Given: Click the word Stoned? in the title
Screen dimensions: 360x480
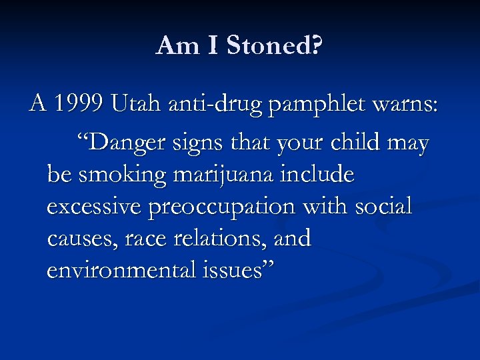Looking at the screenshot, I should click(274, 46).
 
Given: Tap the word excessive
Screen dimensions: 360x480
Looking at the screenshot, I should click(94, 207).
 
